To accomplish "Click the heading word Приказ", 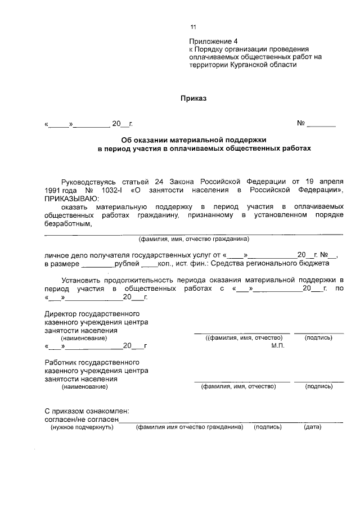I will click(193, 98).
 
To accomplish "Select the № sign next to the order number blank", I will click(301, 123).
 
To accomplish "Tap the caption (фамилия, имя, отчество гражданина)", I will click(193, 238).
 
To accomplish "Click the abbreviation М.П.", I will click(277, 345).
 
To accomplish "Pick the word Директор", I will click(61, 314).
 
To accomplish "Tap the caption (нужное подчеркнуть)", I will click(82, 427).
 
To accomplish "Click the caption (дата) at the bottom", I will click(312, 427).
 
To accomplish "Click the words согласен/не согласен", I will click(81, 419).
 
